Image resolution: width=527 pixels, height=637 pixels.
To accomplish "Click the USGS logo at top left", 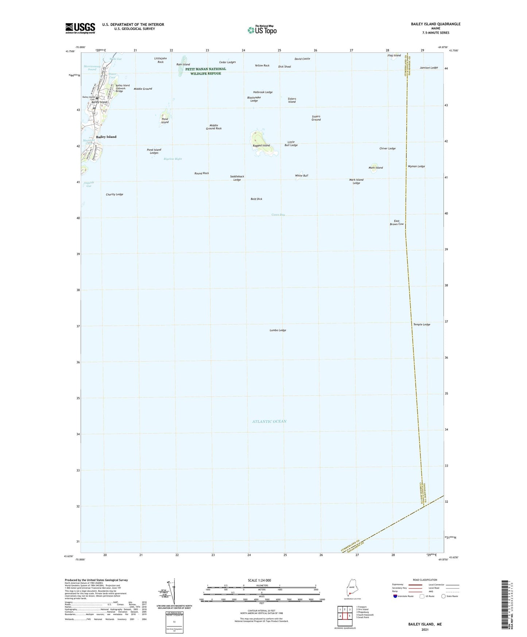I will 80,28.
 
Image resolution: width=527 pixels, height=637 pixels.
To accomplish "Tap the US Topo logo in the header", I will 261,30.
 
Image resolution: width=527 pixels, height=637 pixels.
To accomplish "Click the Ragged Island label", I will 261,146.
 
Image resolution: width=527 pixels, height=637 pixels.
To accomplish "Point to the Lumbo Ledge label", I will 278,330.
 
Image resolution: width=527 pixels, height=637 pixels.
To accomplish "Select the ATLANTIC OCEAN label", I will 269,421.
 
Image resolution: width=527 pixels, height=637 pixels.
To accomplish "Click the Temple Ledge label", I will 422,324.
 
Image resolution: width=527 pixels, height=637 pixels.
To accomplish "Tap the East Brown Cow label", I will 396,223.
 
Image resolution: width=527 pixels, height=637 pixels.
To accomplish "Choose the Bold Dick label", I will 256,199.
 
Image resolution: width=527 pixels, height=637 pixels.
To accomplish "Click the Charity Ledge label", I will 115,194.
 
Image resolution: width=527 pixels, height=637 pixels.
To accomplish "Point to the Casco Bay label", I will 278,215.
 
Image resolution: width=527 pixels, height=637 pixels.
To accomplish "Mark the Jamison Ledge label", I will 429,68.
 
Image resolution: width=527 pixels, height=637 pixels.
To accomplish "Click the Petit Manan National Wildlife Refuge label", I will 205,71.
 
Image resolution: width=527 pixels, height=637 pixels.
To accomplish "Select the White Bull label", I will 302,175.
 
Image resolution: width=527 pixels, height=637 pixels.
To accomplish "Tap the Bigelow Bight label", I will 173,159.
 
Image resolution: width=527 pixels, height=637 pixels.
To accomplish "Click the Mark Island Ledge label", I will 356,181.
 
